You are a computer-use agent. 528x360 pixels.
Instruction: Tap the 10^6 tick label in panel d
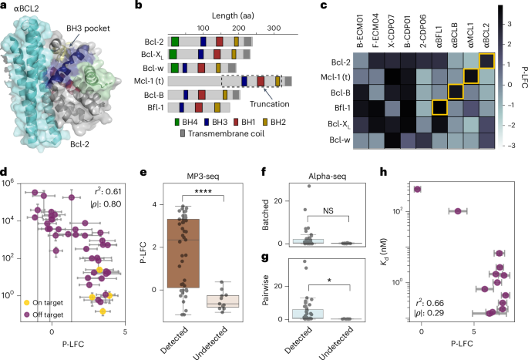point(18,183)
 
